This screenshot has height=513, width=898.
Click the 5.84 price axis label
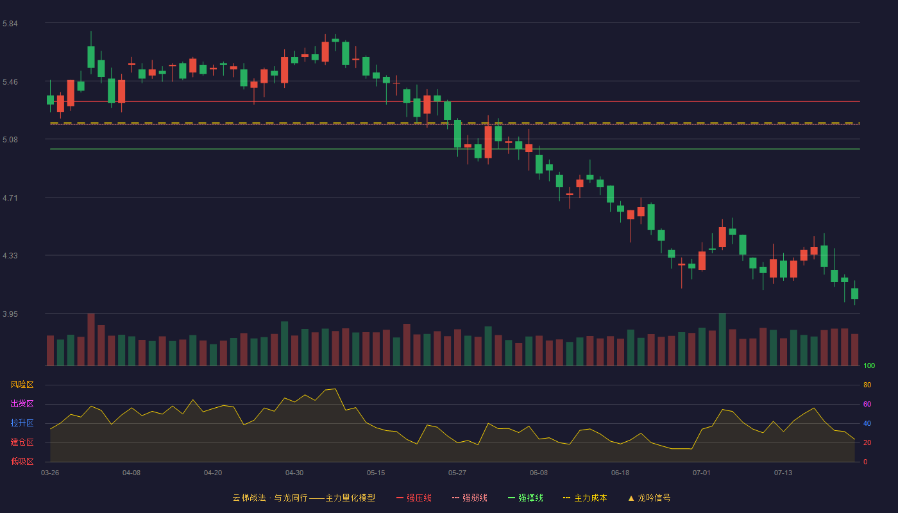click(10, 23)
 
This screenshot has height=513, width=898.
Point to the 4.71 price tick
click(10, 198)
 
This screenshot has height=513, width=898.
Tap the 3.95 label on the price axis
click(10, 314)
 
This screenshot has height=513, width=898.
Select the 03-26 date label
click(50, 473)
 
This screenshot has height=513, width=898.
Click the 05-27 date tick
click(457, 473)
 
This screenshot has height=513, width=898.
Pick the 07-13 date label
click(783, 473)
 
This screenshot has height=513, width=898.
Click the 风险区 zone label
click(22, 385)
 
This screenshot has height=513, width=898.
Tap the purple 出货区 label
click(22, 403)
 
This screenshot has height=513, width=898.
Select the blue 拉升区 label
click(22, 423)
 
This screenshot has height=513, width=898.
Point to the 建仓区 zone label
click(22, 442)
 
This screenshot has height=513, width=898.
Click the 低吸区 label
click(22, 461)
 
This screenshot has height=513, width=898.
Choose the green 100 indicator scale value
click(869, 366)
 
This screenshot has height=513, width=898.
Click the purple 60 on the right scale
click(867, 404)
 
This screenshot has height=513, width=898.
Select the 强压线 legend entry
click(414, 498)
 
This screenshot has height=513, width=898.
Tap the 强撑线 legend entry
click(525, 498)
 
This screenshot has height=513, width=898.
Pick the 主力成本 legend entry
click(585, 498)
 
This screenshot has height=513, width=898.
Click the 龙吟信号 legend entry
click(649, 498)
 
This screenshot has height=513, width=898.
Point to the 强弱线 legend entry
click(470, 498)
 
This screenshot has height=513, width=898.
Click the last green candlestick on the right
click(854, 294)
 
